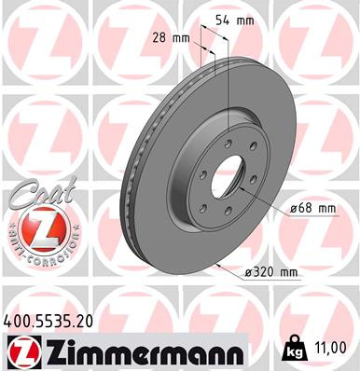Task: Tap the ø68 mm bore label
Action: point(312,208)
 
